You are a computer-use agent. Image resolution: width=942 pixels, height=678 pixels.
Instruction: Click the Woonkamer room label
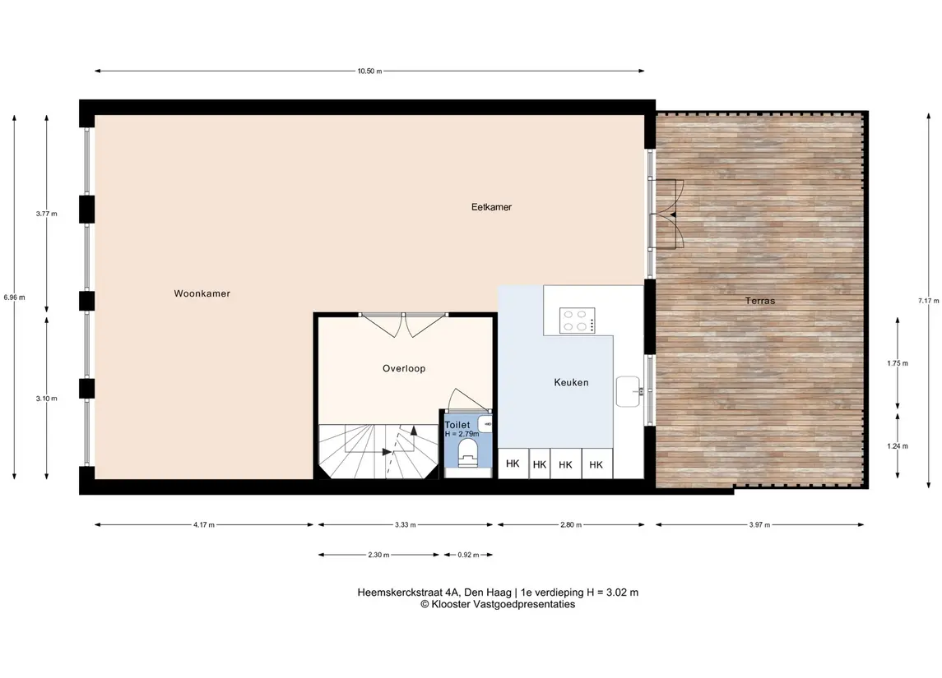[202, 293]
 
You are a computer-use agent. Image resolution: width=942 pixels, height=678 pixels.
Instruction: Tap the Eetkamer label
[491, 207]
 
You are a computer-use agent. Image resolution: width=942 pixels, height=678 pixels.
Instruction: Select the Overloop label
[404, 368]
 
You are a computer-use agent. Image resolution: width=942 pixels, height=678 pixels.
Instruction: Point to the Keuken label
[571, 382]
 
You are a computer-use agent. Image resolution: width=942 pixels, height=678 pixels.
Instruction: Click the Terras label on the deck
[760, 301]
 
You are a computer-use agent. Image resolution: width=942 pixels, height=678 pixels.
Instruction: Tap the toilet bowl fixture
[467, 452]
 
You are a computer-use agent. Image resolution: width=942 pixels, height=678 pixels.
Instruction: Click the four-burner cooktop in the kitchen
[578, 321]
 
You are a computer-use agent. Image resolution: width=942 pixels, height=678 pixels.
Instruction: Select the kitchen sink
[629, 392]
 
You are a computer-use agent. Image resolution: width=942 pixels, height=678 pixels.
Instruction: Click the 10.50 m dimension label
[369, 71]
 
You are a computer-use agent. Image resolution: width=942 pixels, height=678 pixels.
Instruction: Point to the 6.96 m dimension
[14, 297]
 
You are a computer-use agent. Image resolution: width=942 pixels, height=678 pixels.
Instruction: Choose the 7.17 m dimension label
[928, 301]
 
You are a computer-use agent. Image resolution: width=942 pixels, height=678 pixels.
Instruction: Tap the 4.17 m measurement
[204, 525]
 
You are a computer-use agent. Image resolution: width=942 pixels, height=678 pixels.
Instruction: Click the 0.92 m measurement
[469, 555]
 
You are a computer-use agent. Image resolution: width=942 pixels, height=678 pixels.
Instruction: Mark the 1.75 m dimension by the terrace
[898, 363]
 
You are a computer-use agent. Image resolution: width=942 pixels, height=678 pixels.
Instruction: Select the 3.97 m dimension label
[759, 525]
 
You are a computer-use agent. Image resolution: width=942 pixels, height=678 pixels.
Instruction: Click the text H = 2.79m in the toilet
[462, 434]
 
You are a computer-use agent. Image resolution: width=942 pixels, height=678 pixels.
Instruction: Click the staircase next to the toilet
[378, 451]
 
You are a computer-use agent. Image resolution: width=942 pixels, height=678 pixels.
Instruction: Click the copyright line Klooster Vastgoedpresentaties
[498, 604]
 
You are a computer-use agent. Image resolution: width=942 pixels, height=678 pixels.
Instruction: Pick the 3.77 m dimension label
[46, 214]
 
